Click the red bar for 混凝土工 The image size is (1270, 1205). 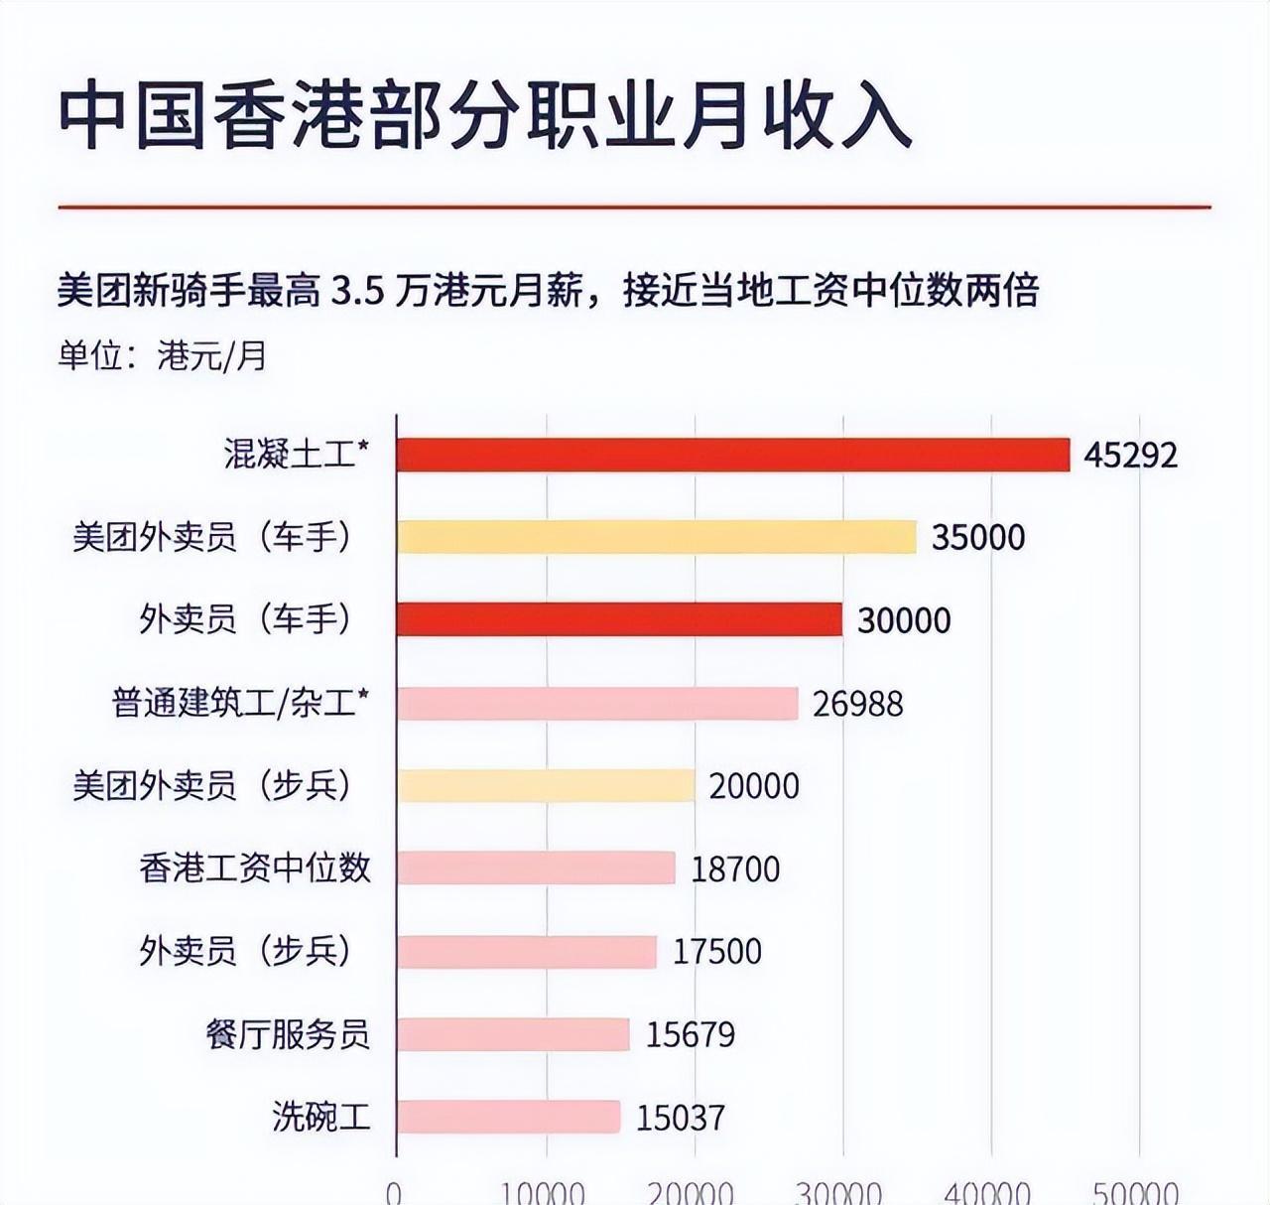click(732, 455)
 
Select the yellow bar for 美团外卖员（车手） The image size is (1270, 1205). click(656, 537)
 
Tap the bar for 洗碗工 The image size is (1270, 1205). click(508, 1117)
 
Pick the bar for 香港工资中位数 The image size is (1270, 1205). click(536, 869)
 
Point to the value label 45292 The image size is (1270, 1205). click(1130, 456)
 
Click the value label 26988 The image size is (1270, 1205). click(857, 704)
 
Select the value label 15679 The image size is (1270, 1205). click(691, 1034)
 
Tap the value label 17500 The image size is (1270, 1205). click(717, 951)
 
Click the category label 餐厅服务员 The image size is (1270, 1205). click(288, 1034)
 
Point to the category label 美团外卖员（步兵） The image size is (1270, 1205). click(212, 786)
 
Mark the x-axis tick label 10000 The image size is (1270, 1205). click(545, 1192)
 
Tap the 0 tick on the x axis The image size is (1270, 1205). click(395, 1192)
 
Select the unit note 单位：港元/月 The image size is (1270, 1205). click(163, 355)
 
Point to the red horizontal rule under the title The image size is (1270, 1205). click(635, 207)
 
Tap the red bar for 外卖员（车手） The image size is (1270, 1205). click(619, 619)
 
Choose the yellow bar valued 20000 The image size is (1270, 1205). click(546, 786)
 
